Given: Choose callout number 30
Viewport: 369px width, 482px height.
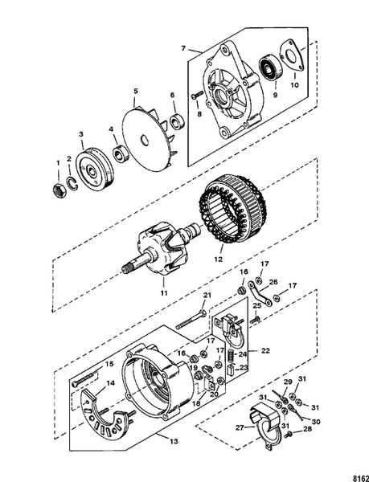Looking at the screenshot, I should tap(316, 421).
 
